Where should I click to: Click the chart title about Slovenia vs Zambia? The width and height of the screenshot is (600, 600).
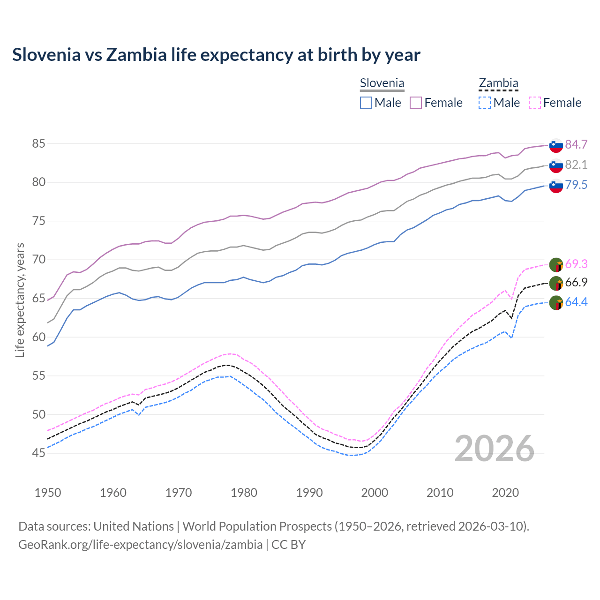pos(216,55)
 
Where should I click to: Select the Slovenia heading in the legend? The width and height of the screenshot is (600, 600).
pos(382,83)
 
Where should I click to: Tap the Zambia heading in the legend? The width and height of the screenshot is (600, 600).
pos(498,83)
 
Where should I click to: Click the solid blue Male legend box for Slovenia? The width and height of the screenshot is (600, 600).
pos(366,103)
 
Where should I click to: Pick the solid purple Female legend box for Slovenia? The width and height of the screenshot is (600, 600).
pos(416,103)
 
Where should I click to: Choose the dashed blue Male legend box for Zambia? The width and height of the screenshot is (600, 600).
pos(485,103)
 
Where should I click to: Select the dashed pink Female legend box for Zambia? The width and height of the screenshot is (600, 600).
pos(535,103)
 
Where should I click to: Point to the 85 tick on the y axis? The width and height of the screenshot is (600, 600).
pos(38,143)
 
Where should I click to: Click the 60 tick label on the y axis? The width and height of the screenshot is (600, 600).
pos(38,337)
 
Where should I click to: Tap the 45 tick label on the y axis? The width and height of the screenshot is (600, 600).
pos(38,453)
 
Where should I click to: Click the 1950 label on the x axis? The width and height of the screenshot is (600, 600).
pos(48,493)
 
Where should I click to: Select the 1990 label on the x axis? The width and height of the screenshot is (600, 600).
pos(309,493)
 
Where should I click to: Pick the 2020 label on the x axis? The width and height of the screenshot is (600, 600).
pos(505,493)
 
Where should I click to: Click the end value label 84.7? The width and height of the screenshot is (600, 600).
pos(576,144)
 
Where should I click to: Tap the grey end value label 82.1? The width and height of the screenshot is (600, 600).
pos(576,165)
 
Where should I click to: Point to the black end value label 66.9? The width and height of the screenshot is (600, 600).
pos(576,282)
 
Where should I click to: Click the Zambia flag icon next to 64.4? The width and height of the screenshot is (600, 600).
pos(556,303)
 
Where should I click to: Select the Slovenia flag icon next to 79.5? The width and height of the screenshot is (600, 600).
pos(556,186)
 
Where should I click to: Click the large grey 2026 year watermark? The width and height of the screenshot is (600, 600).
pos(494,449)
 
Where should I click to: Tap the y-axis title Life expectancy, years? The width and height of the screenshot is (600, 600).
pos(20,300)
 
